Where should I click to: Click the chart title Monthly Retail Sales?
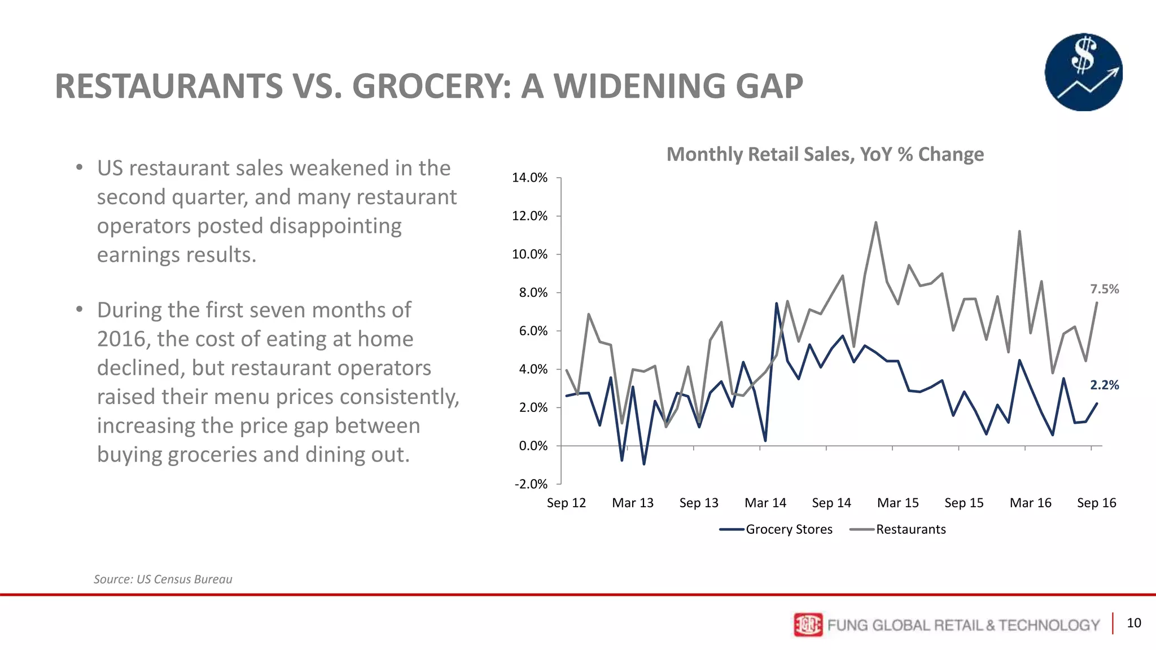pyautogui.click(x=825, y=154)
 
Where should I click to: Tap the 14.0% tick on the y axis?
pyautogui.click(x=529, y=178)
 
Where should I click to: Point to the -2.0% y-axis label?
pyautogui.click(x=531, y=484)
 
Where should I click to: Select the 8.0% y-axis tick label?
pyautogui.click(x=529, y=293)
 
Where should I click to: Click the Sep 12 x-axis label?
pyautogui.click(x=566, y=503)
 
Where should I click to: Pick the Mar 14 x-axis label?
pyautogui.click(x=765, y=503)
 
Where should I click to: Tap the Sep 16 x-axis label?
pyautogui.click(x=1096, y=503)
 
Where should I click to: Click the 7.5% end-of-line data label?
pyautogui.click(x=1104, y=289)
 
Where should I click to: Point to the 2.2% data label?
pyautogui.click(x=1104, y=385)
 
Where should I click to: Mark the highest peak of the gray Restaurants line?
pyautogui.click(x=876, y=222)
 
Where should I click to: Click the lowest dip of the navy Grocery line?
pyautogui.click(x=644, y=464)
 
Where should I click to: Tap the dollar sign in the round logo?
pyautogui.click(x=1083, y=55)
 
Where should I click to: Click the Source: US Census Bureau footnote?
pyautogui.click(x=163, y=579)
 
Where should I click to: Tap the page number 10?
pyautogui.click(x=1133, y=623)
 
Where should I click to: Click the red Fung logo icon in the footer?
pyautogui.click(x=808, y=625)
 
